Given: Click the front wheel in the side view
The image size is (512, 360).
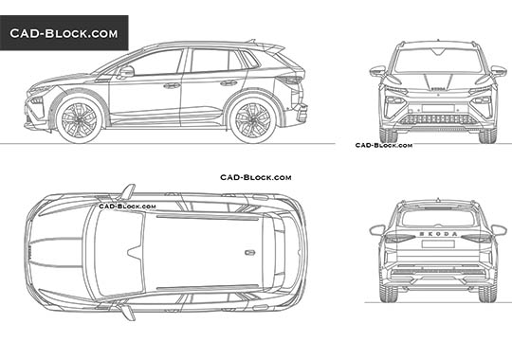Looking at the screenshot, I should pyautogui.click(x=79, y=118).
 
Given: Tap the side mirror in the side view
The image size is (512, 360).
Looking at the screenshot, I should pyautogui.click(x=126, y=71).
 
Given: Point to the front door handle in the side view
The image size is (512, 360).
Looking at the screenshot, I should pyautogui.click(x=172, y=85).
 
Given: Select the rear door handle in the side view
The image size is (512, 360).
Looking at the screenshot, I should pyautogui.click(x=229, y=82).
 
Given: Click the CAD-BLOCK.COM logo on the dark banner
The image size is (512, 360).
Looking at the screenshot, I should pyautogui.click(x=64, y=33).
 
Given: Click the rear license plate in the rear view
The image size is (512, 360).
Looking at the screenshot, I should pyautogui.click(x=437, y=258).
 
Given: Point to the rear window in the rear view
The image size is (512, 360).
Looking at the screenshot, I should pyautogui.click(x=437, y=218).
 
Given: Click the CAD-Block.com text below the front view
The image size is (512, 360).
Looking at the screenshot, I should pyautogui.click(x=384, y=145).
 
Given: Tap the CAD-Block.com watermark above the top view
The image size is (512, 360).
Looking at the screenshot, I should pyautogui.click(x=255, y=177).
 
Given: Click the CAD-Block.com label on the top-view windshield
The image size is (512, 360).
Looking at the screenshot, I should pyautogui.click(x=127, y=204).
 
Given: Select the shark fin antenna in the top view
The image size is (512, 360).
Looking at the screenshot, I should pyautogui.click(x=249, y=252).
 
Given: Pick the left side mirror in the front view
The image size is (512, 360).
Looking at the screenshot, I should pyautogui.click(x=377, y=71).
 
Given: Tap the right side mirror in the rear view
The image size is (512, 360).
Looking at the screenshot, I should pyautogui.click(x=498, y=230).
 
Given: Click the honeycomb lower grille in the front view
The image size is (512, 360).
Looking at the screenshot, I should pyautogui.click(x=437, y=119).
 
